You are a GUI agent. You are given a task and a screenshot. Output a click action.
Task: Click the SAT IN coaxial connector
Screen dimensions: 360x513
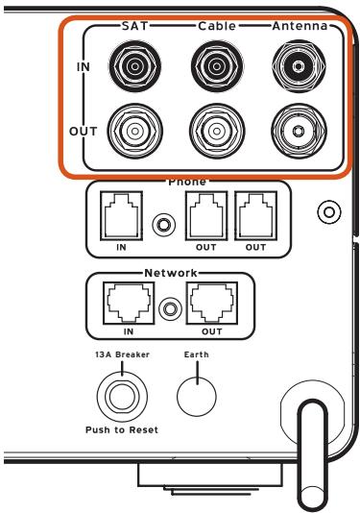[134, 66]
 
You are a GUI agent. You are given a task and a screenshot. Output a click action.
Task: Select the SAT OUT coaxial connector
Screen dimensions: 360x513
[134, 132]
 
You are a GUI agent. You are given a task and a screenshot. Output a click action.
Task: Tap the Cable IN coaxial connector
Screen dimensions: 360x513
[217, 66]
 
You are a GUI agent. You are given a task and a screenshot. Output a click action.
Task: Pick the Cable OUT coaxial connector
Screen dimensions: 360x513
[217, 132]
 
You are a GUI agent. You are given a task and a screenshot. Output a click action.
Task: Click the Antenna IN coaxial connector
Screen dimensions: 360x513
[299, 66]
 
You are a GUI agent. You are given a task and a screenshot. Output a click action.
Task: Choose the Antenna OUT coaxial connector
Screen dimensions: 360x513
[299, 132]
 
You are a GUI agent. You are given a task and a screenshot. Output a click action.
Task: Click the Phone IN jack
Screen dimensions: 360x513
[121, 216]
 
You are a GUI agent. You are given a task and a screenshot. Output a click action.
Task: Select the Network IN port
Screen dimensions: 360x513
[129, 304]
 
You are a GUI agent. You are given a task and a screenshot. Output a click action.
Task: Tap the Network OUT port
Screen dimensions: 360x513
[212, 304]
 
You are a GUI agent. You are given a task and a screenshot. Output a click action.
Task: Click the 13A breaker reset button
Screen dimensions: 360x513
[122, 397]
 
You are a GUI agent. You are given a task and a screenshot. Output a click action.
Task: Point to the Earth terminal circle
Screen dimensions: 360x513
[197, 397]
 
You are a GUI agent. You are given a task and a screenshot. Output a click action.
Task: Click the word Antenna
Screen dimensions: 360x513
[300, 26]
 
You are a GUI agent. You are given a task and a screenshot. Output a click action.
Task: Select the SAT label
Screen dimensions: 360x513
[134, 26]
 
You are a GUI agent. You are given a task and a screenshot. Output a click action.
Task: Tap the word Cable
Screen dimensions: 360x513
[217, 26]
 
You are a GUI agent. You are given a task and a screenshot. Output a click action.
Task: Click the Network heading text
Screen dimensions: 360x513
[171, 273]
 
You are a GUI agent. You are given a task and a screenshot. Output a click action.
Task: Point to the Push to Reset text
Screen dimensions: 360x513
[122, 429]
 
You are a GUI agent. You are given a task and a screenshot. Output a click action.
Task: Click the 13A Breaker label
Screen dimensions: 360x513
[122, 354]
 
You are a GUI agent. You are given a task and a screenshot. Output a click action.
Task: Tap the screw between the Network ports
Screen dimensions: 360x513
[170, 308]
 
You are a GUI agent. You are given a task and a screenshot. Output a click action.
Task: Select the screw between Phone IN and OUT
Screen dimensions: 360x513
[164, 225]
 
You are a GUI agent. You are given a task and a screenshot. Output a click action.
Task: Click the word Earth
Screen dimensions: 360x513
[196, 354]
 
